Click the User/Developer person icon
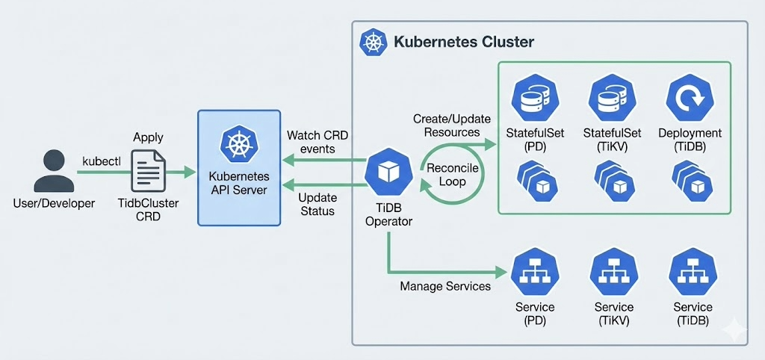point(53,171)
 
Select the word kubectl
point(100,161)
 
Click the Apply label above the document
point(148,137)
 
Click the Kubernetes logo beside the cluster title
point(371,42)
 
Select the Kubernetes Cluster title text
point(463,42)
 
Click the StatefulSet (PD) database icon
point(535,97)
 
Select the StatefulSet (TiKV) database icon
point(615,97)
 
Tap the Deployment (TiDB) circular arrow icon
point(690,97)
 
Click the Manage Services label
point(445,286)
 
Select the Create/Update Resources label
point(446,125)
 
